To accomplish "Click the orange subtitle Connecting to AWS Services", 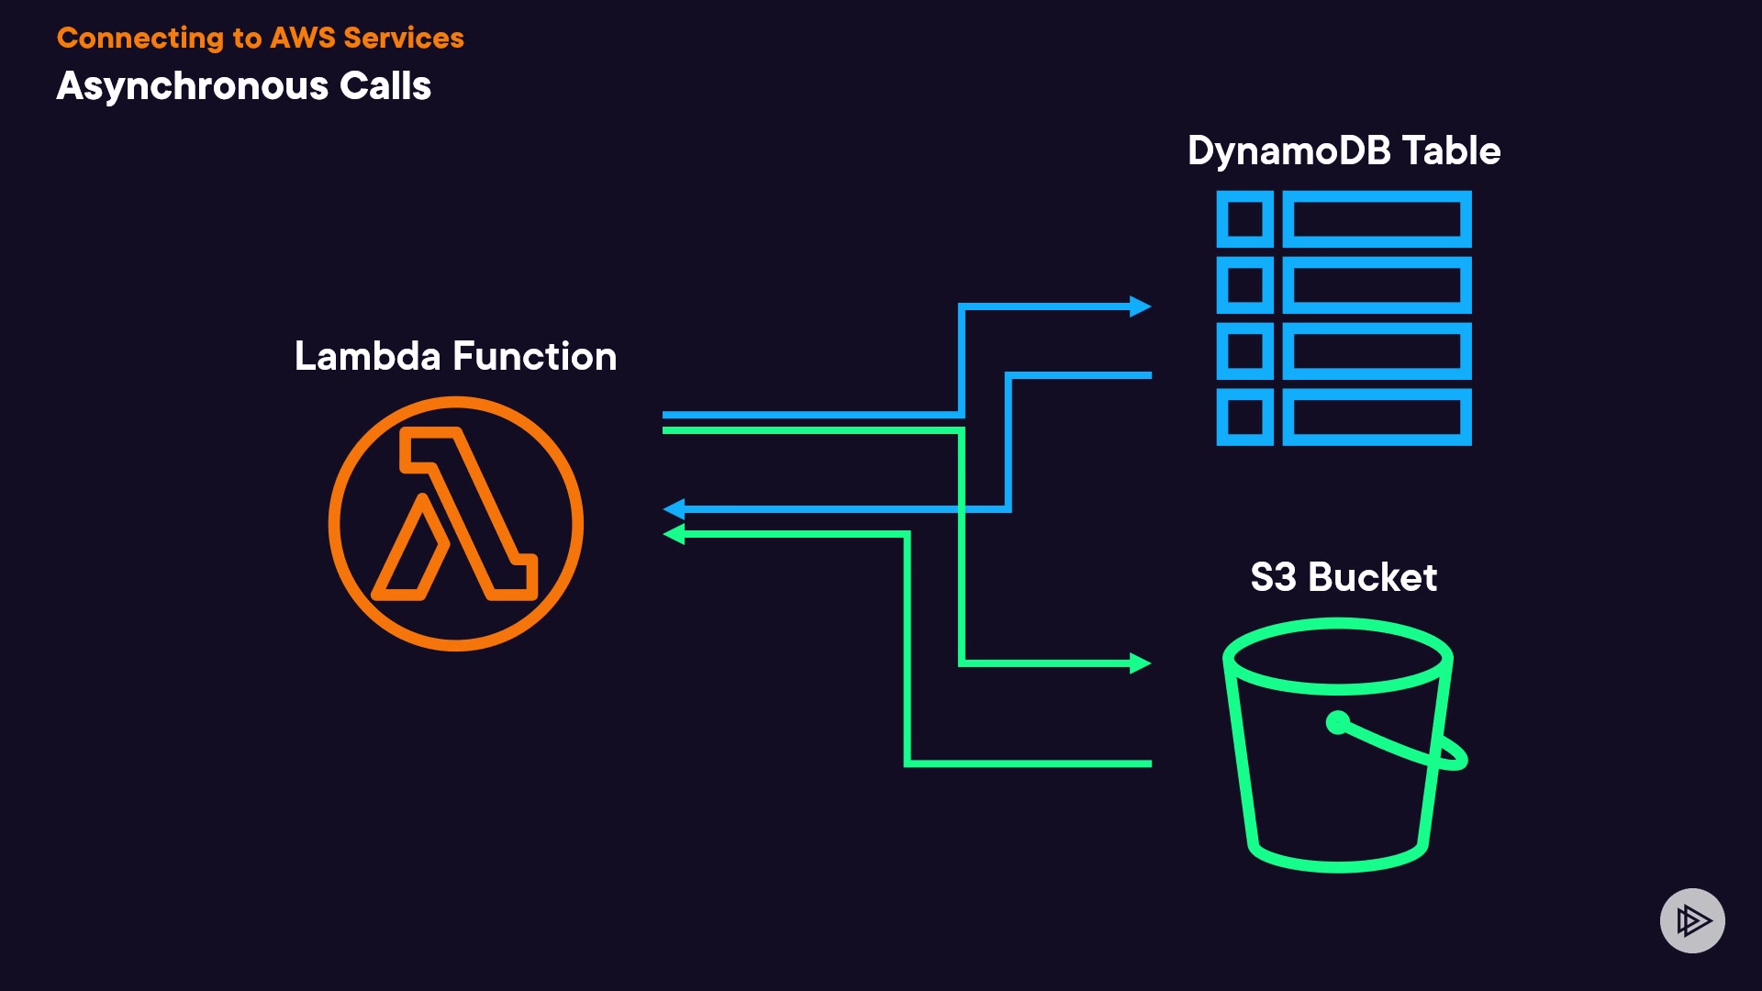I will (260, 38).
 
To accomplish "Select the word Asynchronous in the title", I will (192, 86).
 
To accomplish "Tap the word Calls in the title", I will (385, 86).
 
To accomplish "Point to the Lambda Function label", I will (455, 356).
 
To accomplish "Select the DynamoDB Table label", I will (1344, 150).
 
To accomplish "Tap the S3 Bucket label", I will (1344, 577).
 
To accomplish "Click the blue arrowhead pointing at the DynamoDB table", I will (1141, 306).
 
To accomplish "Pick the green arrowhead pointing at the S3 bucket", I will (1141, 663).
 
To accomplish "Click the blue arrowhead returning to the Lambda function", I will (675, 508).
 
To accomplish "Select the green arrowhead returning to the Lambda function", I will (675, 533).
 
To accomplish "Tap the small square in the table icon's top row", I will (1244, 219).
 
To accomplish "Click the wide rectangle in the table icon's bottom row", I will (1377, 418).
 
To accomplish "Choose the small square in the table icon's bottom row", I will (1244, 418).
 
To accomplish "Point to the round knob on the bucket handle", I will (1338, 723).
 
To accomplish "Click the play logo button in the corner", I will (1692, 920).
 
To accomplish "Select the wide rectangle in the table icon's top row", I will (1377, 219).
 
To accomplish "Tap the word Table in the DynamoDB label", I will (1451, 150).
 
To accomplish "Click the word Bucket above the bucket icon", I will (1372, 577).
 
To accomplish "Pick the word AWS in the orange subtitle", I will (303, 38).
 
